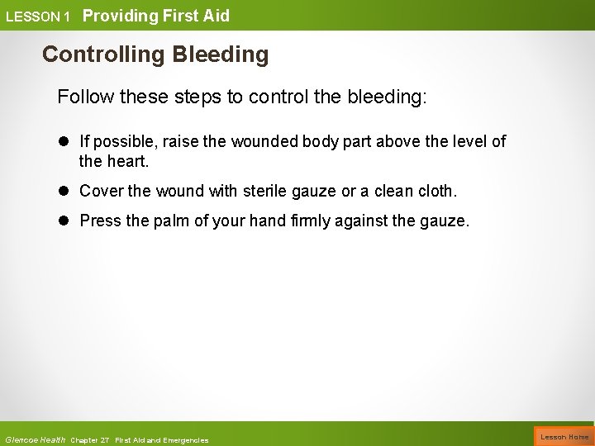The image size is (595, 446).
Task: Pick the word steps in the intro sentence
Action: pyautogui.click(x=197, y=97)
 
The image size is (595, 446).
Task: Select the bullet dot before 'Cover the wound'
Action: pyautogui.click(x=64, y=192)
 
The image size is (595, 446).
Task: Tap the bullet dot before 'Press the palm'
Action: pyautogui.click(x=64, y=221)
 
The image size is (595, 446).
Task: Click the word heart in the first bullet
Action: pyautogui.click(x=126, y=160)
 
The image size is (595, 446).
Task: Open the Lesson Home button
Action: pyautogui.click(x=564, y=436)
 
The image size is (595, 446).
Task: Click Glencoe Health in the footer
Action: pyautogui.click(x=35, y=439)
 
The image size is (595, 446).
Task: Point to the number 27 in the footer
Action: pyautogui.click(x=105, y=439)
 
